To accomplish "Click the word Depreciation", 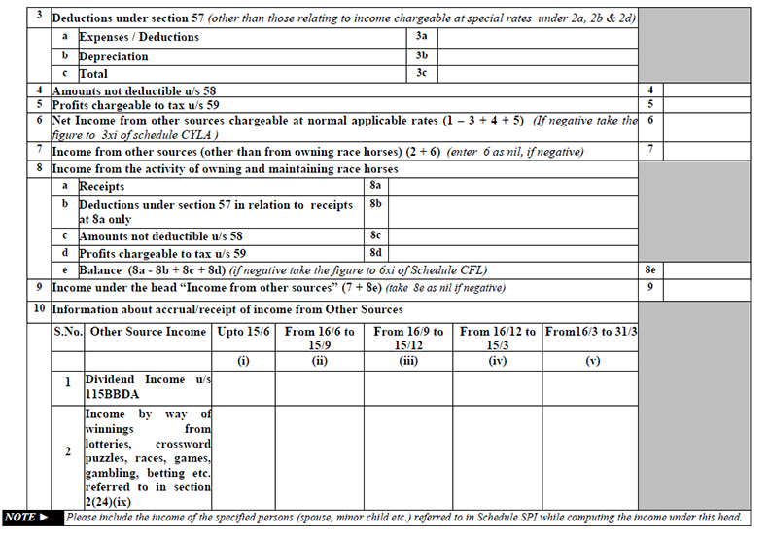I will [114, 56].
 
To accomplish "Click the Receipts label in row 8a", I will [102, 185].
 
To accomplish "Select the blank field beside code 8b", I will [512, 211].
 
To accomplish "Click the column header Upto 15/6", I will [244, 333].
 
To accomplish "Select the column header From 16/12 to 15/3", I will [498, 339].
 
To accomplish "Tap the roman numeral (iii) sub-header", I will [408, 360].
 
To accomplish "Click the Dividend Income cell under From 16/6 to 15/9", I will [320, 386].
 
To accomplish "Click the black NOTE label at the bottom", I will [32, 518].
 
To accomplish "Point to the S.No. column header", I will [67, 333].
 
